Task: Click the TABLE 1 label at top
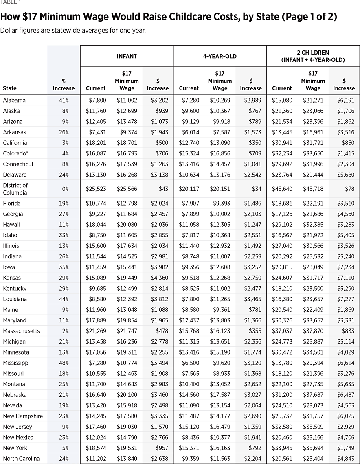tap(9, 2)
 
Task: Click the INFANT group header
tap(127, 56)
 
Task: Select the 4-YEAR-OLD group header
tap(220, 56)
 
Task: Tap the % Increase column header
tap(64, 85)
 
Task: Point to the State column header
tap(10, 88)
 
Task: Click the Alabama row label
tap(14, 100)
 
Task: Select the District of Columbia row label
tap(15, 189)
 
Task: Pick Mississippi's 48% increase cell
tap(64, 363)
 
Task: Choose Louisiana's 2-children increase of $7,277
tap(344, 299)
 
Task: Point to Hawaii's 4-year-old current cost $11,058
tap(189, 224)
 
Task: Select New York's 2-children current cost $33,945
tap(282, 448)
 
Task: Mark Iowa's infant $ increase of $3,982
tap(158, 267)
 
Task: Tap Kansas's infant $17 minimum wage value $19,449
tap(127, 278)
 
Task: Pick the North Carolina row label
tap(21, 458)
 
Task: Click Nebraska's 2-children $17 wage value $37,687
tap(313, 395)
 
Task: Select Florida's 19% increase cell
tap(64, 203)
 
